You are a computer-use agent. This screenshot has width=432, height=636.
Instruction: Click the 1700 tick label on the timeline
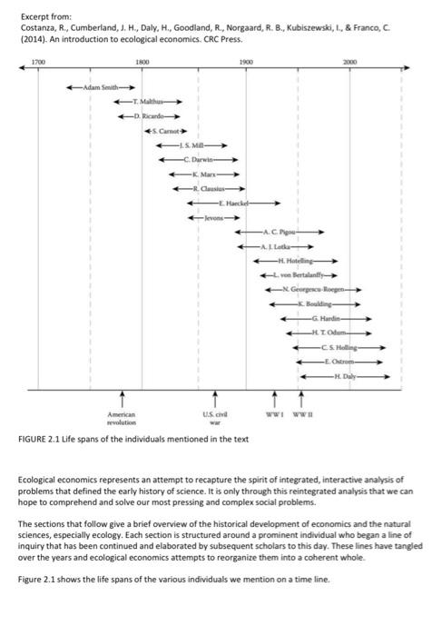pos(38,62)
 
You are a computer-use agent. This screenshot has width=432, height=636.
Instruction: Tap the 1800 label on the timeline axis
pos(142,62)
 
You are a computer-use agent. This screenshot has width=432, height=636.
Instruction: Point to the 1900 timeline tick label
pos(246,62)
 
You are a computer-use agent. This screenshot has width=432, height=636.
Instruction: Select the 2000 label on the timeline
pos(349,62)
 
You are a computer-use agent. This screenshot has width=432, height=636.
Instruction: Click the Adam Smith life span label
pos(101,87)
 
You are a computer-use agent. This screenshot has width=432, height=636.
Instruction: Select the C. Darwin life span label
pos(198,160)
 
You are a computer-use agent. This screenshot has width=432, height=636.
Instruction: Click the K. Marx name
pos(204,174)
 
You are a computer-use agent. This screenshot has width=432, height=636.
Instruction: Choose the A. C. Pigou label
pos(280,232)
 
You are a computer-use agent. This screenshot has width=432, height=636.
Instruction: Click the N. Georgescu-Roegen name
pos(313,290)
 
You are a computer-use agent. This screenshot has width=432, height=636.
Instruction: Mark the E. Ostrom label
pos(339,362)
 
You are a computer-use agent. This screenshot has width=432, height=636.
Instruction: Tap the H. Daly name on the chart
pos(345,376)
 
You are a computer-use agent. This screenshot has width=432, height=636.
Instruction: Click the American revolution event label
pos(122,418)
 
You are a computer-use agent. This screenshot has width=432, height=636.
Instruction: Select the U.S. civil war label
pos(215,418)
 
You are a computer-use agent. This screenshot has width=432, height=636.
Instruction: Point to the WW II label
pos(302,414)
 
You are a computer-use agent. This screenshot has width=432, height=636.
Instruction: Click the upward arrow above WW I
pos(275,399)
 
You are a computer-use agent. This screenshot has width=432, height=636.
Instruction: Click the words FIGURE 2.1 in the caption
pos(39,439)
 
